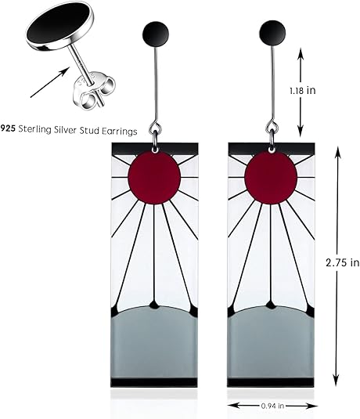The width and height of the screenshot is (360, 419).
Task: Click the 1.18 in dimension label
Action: pos(302,91)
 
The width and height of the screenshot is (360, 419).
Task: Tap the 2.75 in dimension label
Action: pos(342,262)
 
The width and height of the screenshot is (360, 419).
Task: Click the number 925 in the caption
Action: pos(8,128)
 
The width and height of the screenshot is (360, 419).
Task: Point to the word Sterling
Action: pos(34,129)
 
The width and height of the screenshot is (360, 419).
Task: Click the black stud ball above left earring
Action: pos(157,34)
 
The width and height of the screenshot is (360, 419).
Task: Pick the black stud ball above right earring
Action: pos(272,33)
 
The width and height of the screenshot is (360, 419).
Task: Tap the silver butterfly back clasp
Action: pos(92,91)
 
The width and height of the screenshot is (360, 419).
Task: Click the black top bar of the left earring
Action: pos(155,148)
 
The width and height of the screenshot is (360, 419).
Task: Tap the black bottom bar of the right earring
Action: pos(271,383)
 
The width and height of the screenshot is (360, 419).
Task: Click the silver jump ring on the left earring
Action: pos(156,128)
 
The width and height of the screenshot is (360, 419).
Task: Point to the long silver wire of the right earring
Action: pos(273,83)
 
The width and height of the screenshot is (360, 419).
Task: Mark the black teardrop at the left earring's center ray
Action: pos(154,305)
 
